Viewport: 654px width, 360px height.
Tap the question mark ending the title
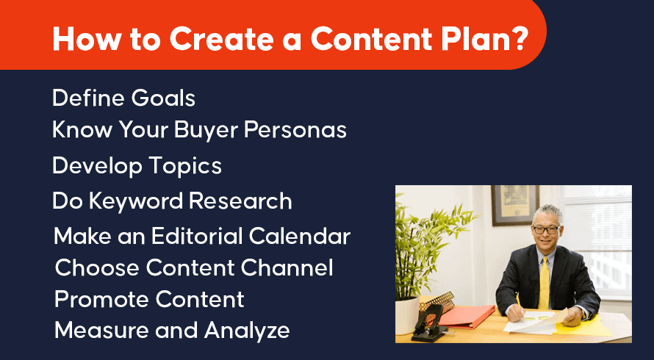[519, 38]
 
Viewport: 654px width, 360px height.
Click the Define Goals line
[124, 98]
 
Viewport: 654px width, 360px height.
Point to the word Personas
[295, 130]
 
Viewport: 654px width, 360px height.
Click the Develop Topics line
[137, 167]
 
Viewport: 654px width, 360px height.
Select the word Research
[241, 201]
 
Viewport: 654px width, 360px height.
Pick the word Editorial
[196, 237]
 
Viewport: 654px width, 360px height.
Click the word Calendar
[300, 237]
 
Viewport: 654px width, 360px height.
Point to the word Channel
[287, 267]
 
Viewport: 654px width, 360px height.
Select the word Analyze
[247, 331]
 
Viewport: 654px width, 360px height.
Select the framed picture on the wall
[514, 206]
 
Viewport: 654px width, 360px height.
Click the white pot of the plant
[407, 315]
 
